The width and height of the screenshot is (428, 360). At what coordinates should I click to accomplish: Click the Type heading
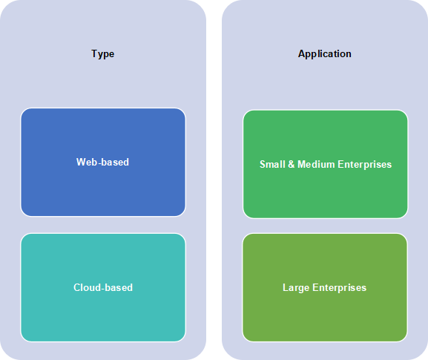(x=102, y=54)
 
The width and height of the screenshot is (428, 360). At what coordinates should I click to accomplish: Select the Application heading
(x=325, y=54)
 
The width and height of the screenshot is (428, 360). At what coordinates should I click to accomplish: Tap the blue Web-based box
(x=103, y=163)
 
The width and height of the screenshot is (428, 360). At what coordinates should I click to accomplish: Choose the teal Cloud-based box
(x=103, y=287)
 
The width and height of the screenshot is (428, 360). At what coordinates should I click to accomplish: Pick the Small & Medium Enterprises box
(x=326, y=164)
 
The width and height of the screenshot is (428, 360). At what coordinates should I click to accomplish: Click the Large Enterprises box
(x=325, y=287)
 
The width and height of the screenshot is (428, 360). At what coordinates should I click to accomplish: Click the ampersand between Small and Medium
(x=292, y=164)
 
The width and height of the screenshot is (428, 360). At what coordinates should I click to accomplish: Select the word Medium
(x=316, y=164)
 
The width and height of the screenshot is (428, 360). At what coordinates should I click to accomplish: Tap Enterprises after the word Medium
(x=365, y=165)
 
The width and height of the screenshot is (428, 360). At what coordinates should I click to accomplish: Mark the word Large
(x=296, y=288)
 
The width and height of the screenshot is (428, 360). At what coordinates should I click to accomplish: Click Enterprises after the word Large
(x=340, y=288)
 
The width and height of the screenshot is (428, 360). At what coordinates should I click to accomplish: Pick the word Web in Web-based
(x=87, y=163)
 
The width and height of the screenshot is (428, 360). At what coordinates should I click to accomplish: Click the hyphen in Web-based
(x=99, y=163)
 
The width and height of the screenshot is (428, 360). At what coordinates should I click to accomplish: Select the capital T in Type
(x=94, y=53)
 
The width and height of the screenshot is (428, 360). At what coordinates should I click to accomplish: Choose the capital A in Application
(x=302, y=53)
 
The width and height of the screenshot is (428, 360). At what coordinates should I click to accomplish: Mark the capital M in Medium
(x=302, y=164)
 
